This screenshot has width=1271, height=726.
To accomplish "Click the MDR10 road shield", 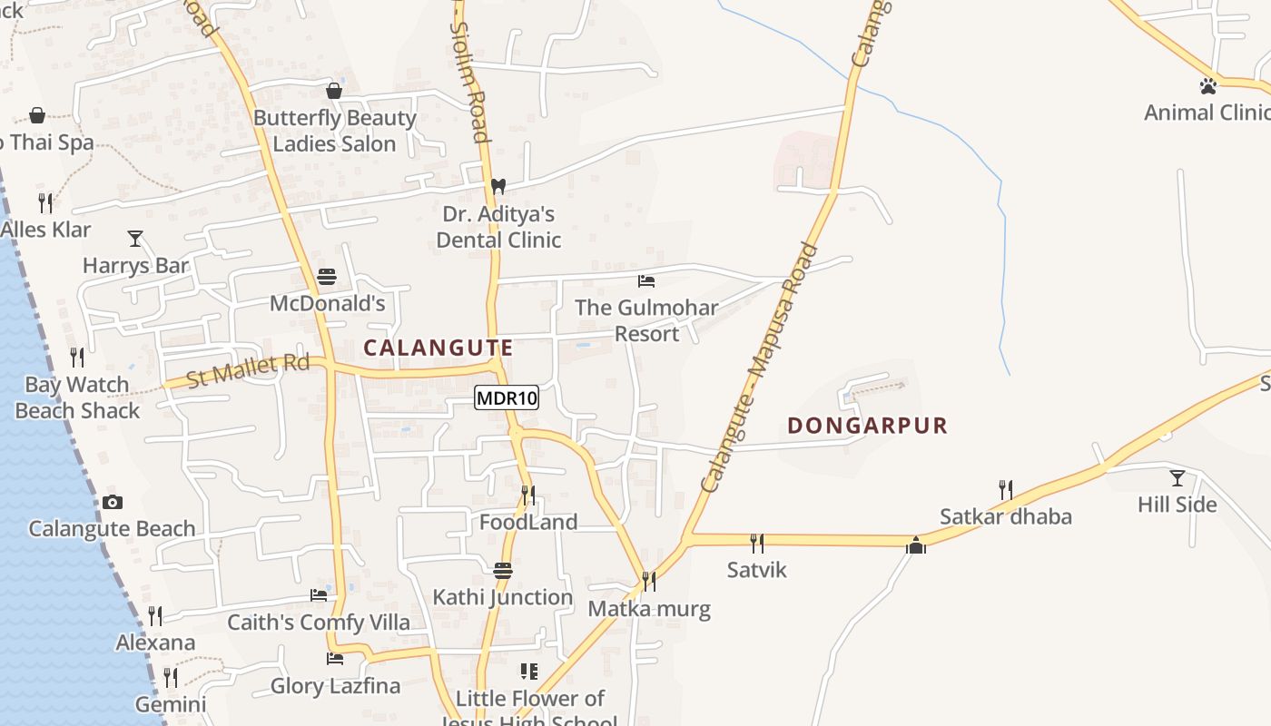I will pos(507,397).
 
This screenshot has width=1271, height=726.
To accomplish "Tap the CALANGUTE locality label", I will pos(438,348).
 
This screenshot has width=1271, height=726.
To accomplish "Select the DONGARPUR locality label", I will pos(867,426).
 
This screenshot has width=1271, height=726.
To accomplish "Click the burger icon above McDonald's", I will pos(327,277).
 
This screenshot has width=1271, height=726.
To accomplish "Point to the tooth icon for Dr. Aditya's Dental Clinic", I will pos(498,186).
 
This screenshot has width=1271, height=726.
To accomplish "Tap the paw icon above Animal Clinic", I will pos(1207,86).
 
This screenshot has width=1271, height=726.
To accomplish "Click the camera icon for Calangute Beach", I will pos(113,502).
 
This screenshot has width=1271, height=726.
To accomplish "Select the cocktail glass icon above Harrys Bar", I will pos(135,239).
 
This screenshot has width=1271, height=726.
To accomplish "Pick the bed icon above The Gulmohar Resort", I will pos(646,281).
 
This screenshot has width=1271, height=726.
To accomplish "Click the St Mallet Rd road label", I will pos(248,369).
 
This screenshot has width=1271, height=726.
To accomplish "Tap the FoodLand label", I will pos(528,523).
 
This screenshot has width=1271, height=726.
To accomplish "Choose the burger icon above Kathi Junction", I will pos(503,571).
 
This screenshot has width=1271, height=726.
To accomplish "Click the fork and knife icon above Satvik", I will pos(757,544).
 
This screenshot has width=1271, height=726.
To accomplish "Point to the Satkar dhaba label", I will pos(1005,517).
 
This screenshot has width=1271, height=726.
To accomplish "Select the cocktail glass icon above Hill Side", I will pos(1177,478).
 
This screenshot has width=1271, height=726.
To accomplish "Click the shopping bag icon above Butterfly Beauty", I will pos(334,91).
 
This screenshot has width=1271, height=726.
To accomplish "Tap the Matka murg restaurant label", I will pos(649,609).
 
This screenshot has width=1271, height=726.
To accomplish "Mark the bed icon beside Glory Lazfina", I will pos(335,658).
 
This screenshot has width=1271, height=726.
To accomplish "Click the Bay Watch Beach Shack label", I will pos(77,397).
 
